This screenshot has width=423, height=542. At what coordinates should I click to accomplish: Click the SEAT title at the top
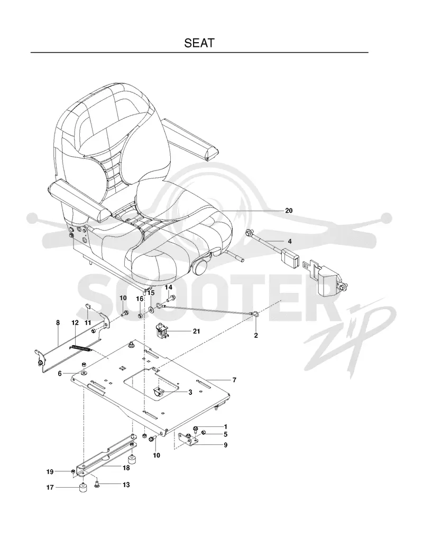(199, 43)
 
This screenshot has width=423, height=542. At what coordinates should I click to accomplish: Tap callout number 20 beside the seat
(289, 211)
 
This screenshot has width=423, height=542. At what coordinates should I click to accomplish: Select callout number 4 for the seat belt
(290, 241)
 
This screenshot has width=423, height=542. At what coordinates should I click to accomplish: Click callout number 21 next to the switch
(196, 331)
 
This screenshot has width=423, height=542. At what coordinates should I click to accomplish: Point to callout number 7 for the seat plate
(235, 380)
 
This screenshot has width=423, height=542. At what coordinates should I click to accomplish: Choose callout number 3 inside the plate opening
(190, 392)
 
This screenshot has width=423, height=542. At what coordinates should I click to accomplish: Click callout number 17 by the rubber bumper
(50, 488)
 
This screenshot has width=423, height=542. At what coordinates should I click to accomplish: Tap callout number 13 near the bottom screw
(126, 485)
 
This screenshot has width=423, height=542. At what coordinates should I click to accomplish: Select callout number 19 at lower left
(50, 471)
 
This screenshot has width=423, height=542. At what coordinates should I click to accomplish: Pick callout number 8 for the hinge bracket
(58, 322)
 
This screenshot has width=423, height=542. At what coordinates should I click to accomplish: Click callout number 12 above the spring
(75, 322)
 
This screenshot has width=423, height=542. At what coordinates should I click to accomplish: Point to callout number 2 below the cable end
(256, 335)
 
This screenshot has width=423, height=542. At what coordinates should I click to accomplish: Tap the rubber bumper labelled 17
(83, 489)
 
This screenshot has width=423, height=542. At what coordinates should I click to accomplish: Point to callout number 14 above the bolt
(168, 287)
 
